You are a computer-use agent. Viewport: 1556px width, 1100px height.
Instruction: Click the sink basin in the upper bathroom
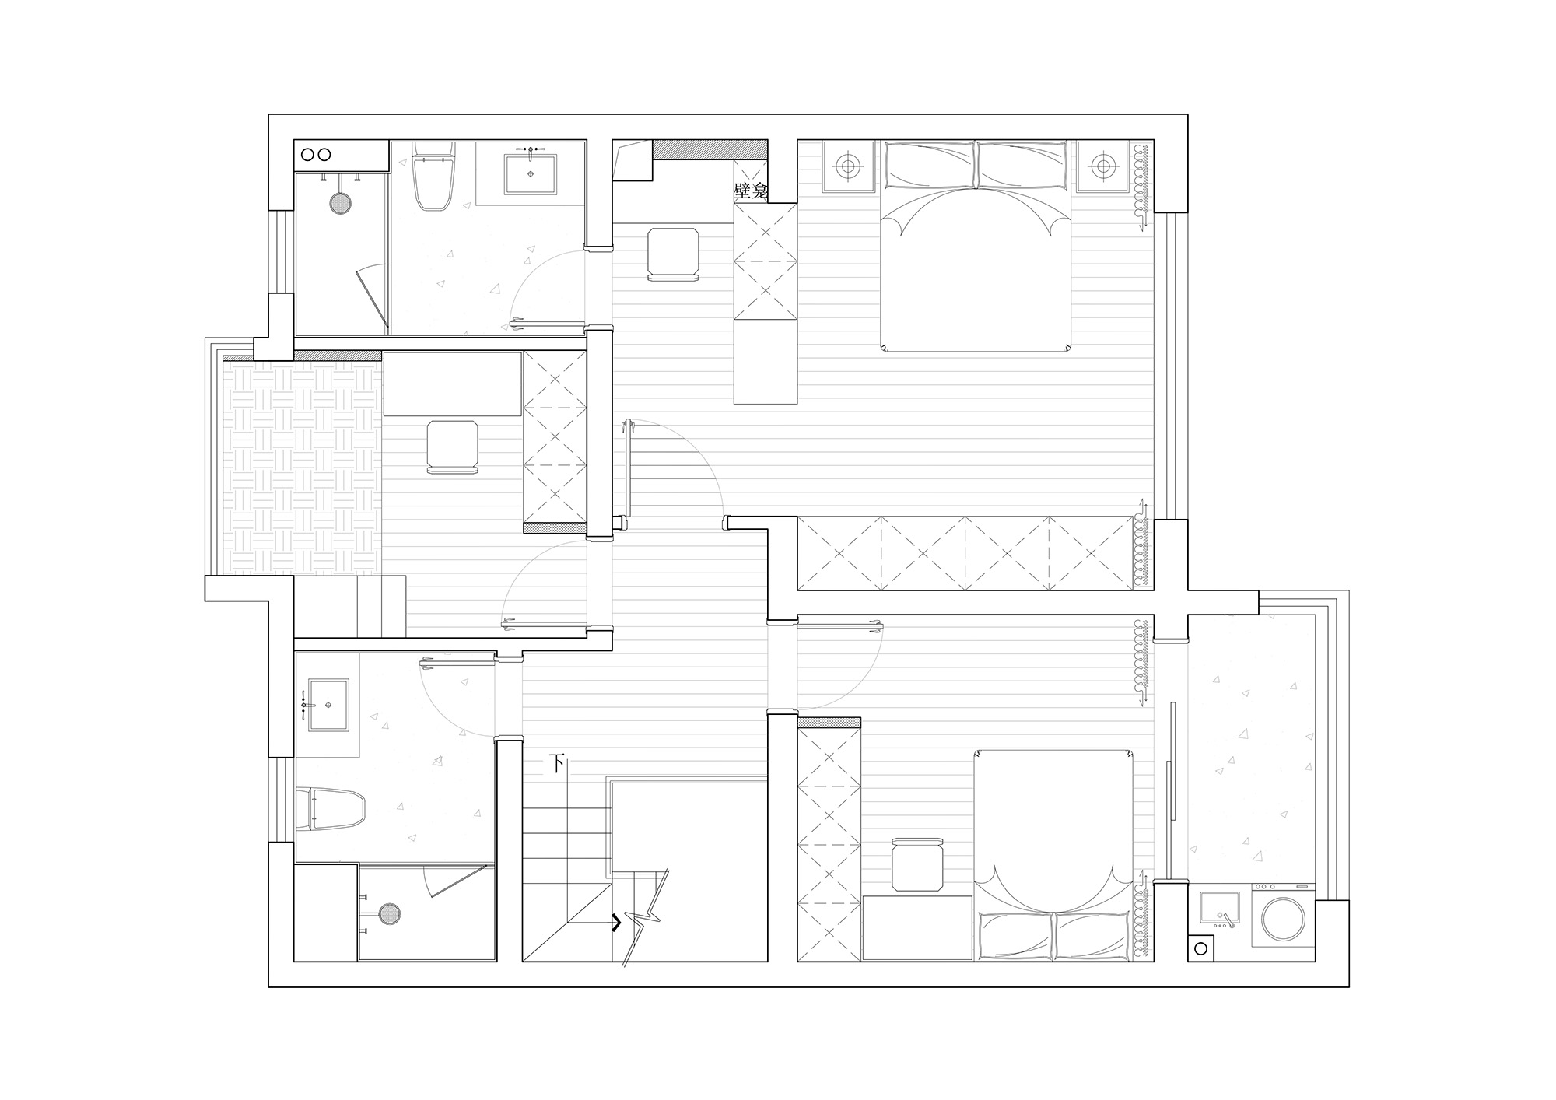pos(531,173)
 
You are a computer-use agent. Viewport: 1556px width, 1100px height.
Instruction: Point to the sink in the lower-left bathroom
pos(328,705)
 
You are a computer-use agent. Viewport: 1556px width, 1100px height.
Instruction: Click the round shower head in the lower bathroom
pos(389,915)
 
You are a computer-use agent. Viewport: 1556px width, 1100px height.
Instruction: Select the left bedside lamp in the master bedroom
pos(848,165)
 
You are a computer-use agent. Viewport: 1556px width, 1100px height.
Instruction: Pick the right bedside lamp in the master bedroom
pos(1102,165)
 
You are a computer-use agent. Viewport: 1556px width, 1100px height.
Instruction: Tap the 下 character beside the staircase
pos(557,763)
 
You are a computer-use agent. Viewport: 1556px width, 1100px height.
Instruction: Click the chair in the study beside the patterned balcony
pos(452,447)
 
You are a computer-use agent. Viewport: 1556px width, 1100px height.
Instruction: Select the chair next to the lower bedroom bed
pos(917,864)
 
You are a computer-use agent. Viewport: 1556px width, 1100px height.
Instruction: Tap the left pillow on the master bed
pos(930,165)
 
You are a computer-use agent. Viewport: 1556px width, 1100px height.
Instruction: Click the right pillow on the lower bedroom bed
pos(1089,936)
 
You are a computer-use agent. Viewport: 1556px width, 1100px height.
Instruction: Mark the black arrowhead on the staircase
pos(615,923)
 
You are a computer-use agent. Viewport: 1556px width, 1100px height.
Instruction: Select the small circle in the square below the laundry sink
pos(1200,949)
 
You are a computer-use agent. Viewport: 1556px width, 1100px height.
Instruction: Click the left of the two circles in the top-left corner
pos(307,155)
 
